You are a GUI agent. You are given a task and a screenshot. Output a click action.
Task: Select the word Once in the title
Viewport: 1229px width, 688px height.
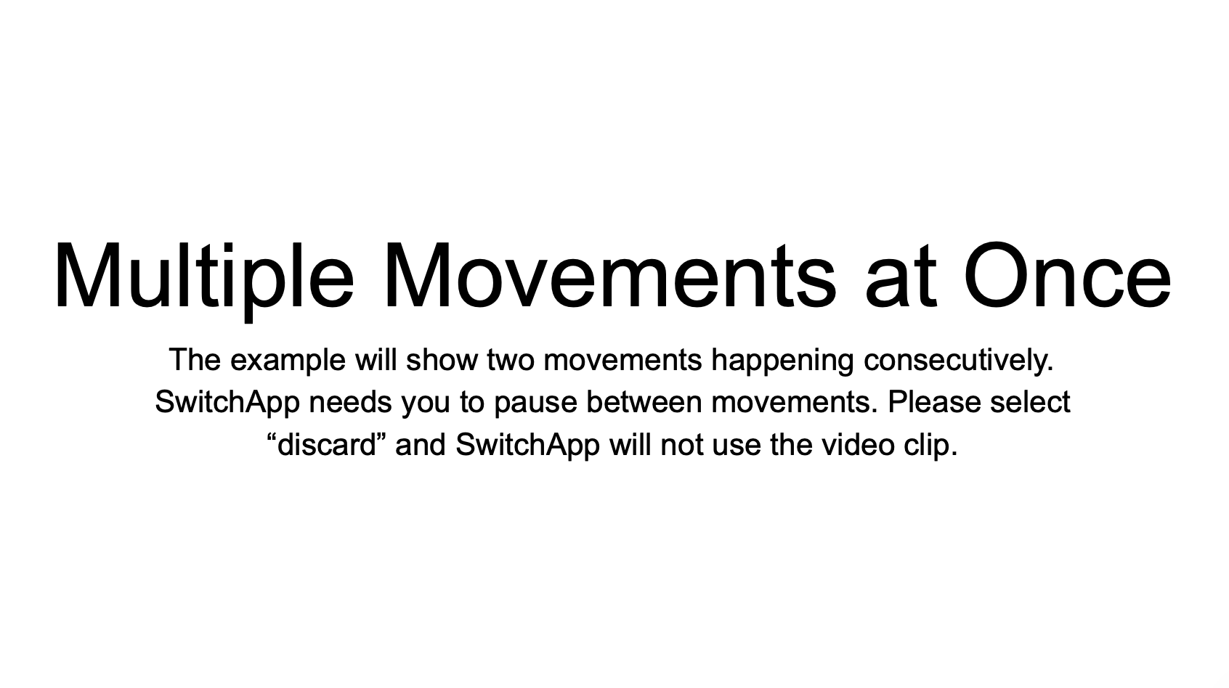tap(1068, 275)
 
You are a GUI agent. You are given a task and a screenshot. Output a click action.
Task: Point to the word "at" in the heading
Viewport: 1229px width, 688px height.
tap(900, 280)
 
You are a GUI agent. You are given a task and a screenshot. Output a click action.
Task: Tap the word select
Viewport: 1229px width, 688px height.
tap(1031, 402)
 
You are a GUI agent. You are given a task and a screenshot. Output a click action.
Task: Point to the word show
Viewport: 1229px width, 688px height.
tap(442, 360)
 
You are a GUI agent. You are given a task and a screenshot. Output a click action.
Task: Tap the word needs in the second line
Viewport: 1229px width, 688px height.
tap(351, 402)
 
